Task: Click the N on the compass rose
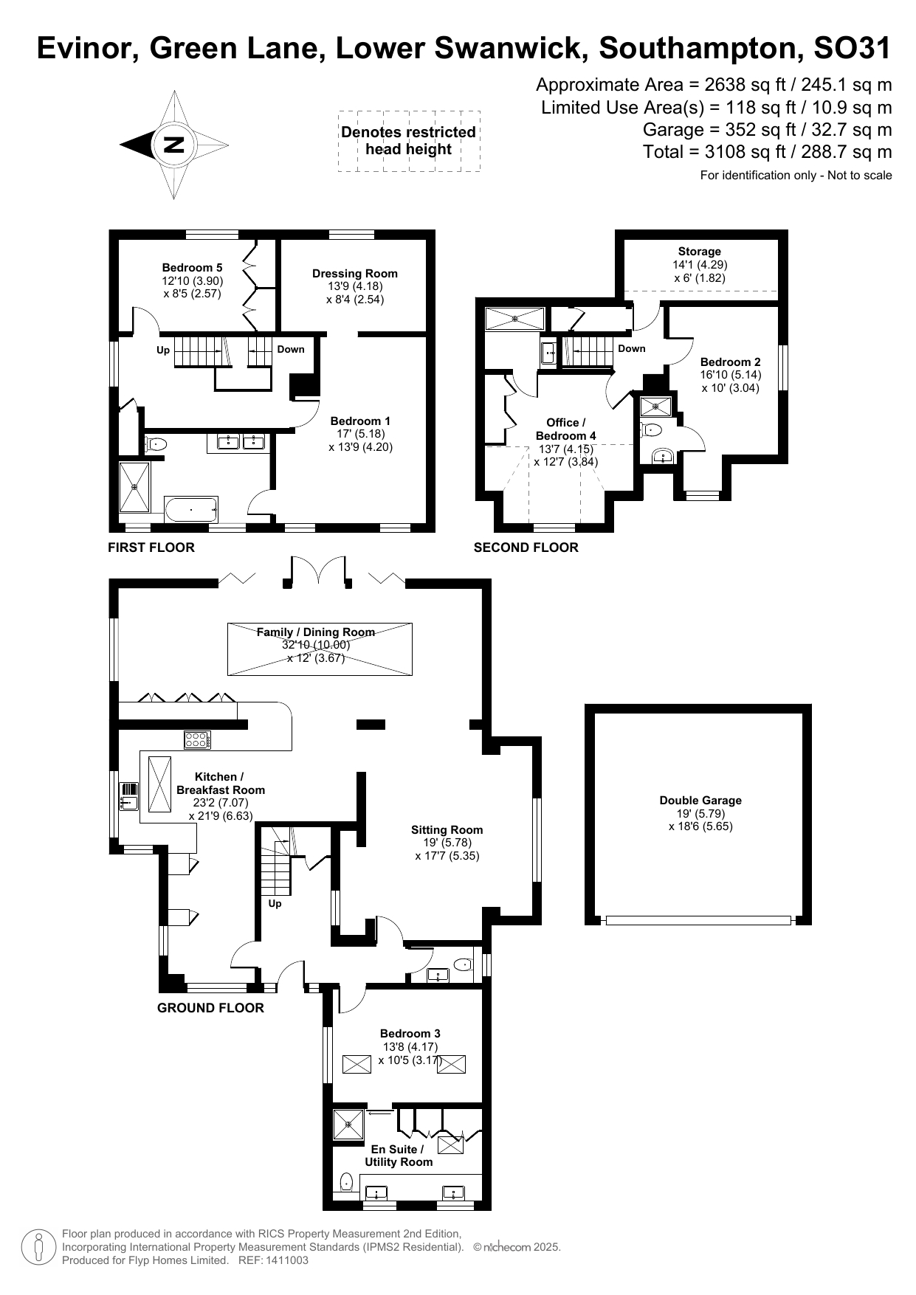(174, 144)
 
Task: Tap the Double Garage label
(700, 801)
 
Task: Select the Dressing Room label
(354, 274)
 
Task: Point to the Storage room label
(699, 252)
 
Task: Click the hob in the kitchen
(197, 739)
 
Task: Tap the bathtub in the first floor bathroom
(190, 509)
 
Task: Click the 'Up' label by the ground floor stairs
(275, 904)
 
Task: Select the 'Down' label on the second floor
(631, 349)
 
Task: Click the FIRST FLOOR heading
(151, 548)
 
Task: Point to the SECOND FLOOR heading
(526, 548)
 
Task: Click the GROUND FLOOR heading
(210, 1008)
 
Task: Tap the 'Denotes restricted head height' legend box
(408, 141)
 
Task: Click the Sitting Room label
(447, 830)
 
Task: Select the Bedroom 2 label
(730, 362)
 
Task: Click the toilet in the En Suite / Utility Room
(346, 1182)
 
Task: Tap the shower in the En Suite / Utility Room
(348, 1125)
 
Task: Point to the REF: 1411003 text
(273, 1260)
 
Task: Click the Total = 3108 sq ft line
(767, 152)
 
